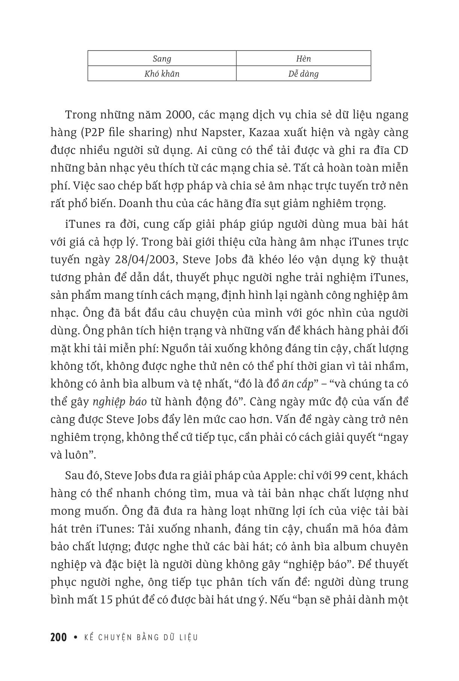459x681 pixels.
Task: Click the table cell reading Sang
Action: [x=162, y=59]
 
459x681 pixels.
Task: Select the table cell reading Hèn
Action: [x=303, y=59]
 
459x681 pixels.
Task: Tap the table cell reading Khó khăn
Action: [x=162, y=74]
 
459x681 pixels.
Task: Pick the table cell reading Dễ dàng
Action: [x=303, y=74]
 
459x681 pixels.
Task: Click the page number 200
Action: [x=58, y=637]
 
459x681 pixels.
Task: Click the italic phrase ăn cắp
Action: [x=298, y=384]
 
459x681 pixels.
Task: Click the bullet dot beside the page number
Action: [x=76, y=637]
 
